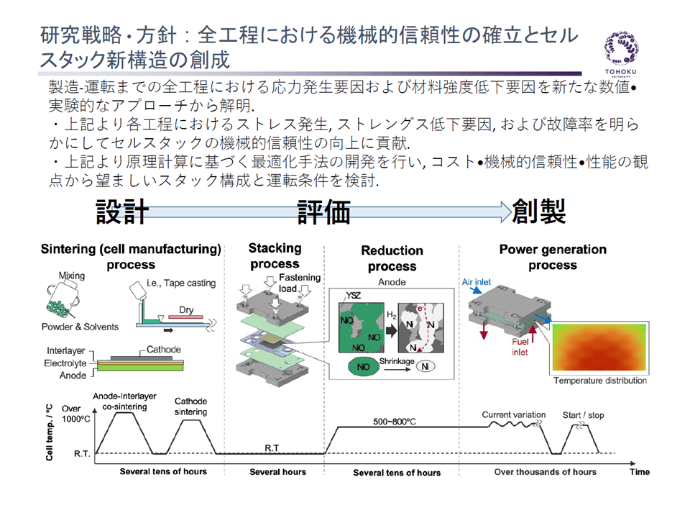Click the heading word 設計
point(123,212)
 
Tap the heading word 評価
point(325,212)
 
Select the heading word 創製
point(539,212)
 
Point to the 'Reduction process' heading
point(392,258)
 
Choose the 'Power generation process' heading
point(553,257)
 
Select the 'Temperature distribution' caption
point(600,381)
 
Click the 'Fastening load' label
point(300,283)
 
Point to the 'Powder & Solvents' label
point(79,327)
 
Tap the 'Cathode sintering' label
point(190,406)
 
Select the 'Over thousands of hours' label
point(545,472)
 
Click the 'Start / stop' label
point(583,415)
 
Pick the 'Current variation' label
point(513,415)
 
